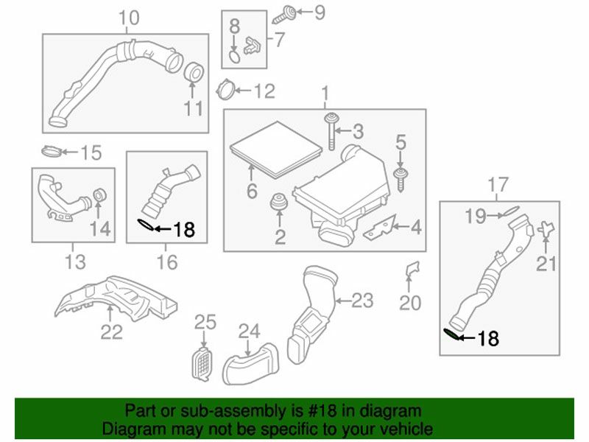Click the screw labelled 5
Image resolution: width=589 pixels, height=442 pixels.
click(x=401, y=177)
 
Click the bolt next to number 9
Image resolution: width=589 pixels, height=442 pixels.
click(x=286, y=13)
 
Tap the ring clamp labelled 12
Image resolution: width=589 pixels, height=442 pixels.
click(x=225, y=91)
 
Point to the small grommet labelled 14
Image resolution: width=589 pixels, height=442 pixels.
click(x=99, y=197)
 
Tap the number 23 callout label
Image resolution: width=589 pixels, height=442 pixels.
click(x=362, y=301)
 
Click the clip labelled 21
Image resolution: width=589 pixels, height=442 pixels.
click(x=546, y=230)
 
